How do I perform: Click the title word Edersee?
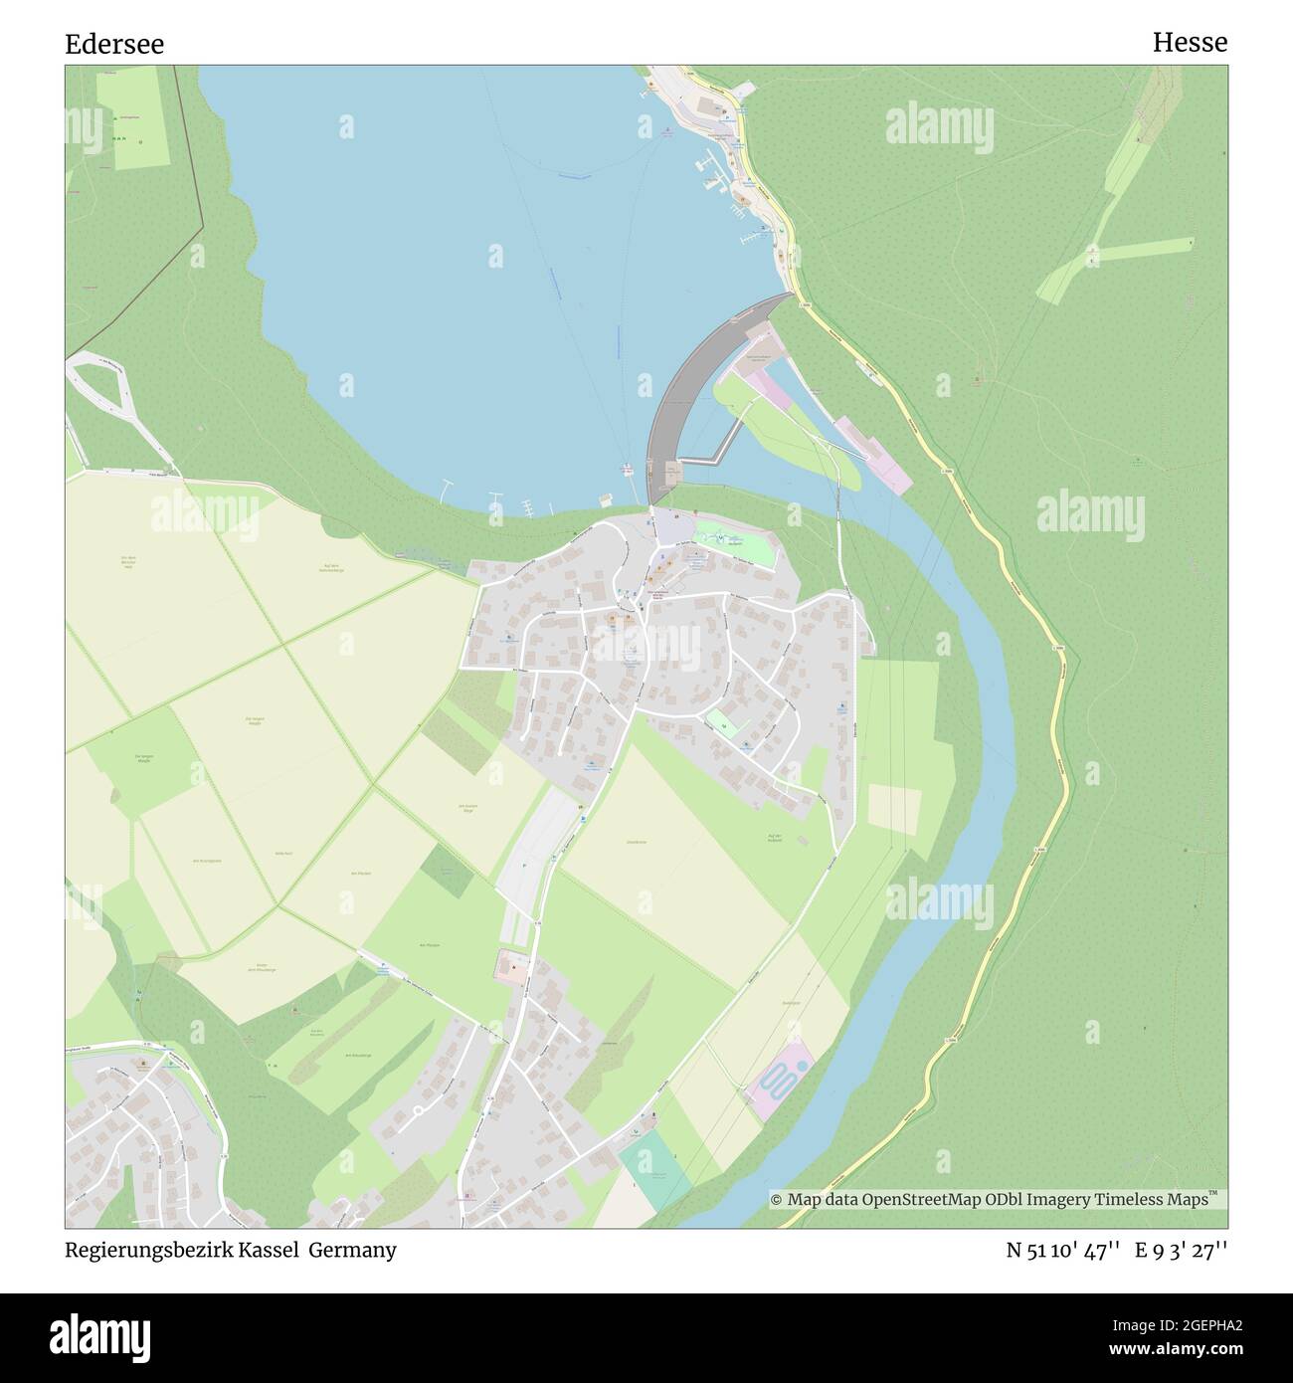tap(114, 44)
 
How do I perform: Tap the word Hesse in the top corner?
tap(1190, 42)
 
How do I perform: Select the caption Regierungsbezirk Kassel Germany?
tap(231, 1250)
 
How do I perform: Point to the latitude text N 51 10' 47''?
tap(1064, 1250)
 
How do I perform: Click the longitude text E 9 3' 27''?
tap(1182, 1250)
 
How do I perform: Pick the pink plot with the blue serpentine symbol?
tap(780, 1080)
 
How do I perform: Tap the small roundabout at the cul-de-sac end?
tap(419, 1109)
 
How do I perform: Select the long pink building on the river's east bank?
tap(872, 455)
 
